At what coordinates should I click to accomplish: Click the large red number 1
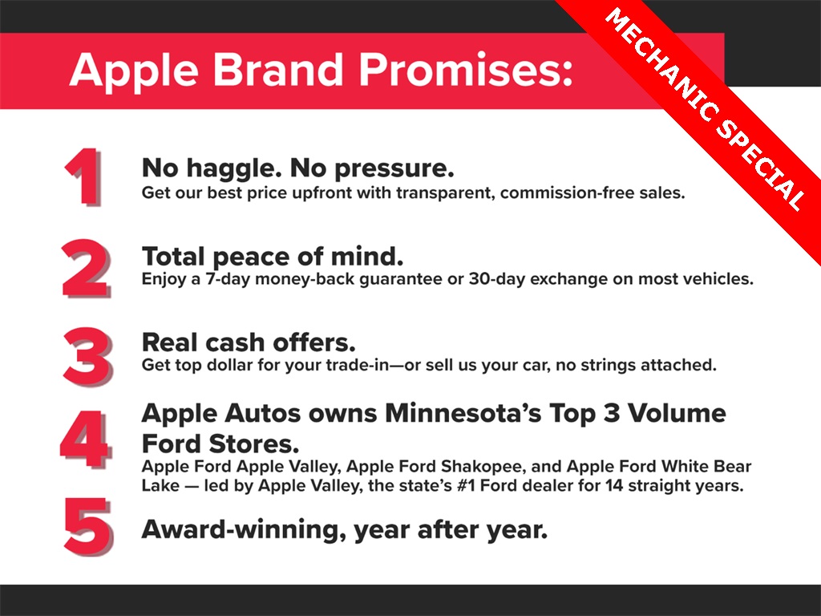point(83,177)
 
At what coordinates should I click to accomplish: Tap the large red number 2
point(87,268)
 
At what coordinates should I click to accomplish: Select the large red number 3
point(87,357)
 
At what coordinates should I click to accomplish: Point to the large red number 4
point(85,439)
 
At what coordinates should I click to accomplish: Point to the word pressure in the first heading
point(394,169)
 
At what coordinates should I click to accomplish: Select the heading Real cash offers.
point(249,342)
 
